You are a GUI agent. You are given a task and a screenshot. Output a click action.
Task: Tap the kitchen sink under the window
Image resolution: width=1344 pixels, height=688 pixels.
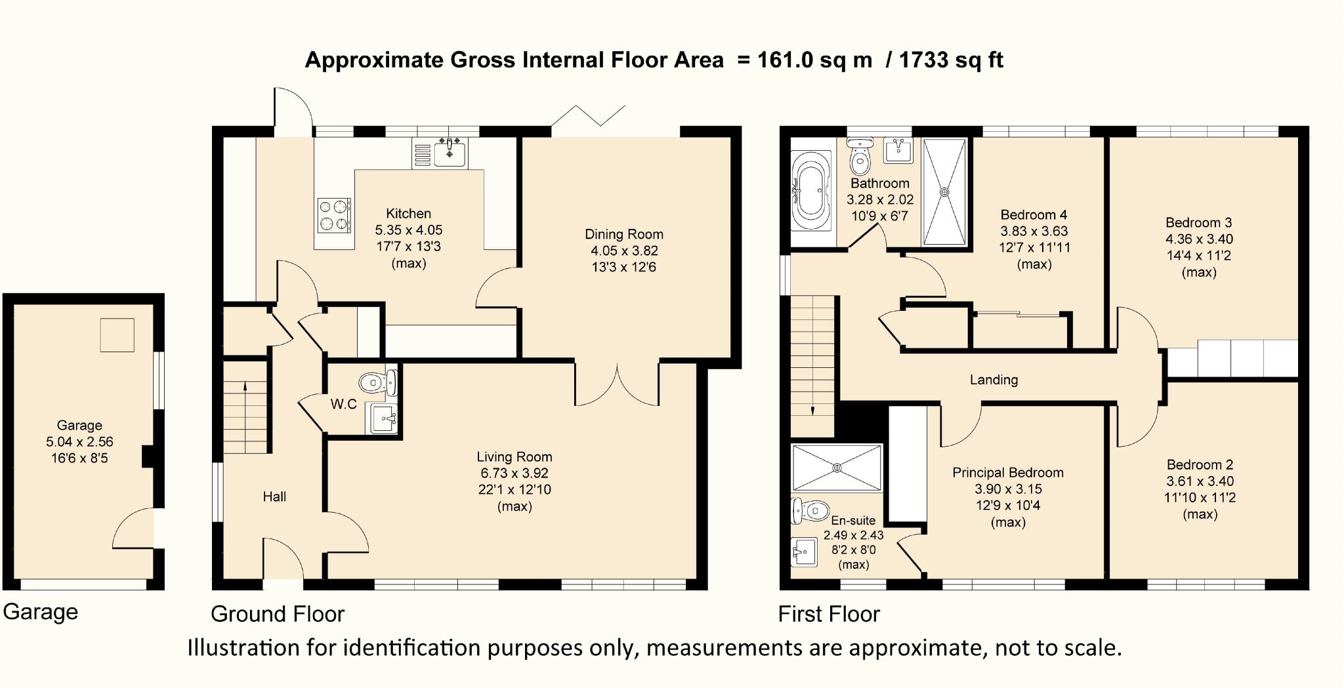[x=450, y=153]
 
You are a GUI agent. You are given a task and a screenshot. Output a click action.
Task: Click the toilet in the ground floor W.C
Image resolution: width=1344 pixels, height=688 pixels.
[x=372, y=381]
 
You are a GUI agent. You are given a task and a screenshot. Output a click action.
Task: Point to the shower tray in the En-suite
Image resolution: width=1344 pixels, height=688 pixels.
[x=837, y=467]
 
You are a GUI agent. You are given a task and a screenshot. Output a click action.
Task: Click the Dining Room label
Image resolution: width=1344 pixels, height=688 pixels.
[x=623, y=234]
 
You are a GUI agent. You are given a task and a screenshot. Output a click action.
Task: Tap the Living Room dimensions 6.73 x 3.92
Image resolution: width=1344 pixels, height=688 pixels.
[x=514, y=473]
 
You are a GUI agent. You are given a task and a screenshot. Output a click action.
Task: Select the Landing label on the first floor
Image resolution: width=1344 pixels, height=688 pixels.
[x=994, y=380]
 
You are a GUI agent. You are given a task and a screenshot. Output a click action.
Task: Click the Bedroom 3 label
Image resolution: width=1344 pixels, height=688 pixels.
[x=1198, y=222]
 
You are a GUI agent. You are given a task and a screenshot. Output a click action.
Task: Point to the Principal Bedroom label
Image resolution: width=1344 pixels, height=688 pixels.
[x=1007, y=472]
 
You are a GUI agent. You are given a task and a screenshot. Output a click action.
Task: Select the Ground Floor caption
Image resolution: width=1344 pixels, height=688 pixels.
[x=277, y=614]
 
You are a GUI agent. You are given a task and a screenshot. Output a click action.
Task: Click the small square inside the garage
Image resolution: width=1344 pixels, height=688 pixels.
[x=117, y=335]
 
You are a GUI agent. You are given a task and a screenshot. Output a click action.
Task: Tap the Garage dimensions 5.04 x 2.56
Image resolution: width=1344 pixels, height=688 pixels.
[x=79, y=441]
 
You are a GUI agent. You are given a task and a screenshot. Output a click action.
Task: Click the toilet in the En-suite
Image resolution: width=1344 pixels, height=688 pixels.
[x=808, y=510]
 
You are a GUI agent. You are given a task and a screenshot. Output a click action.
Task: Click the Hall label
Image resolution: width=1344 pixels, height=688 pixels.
[x=274, y=496]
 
